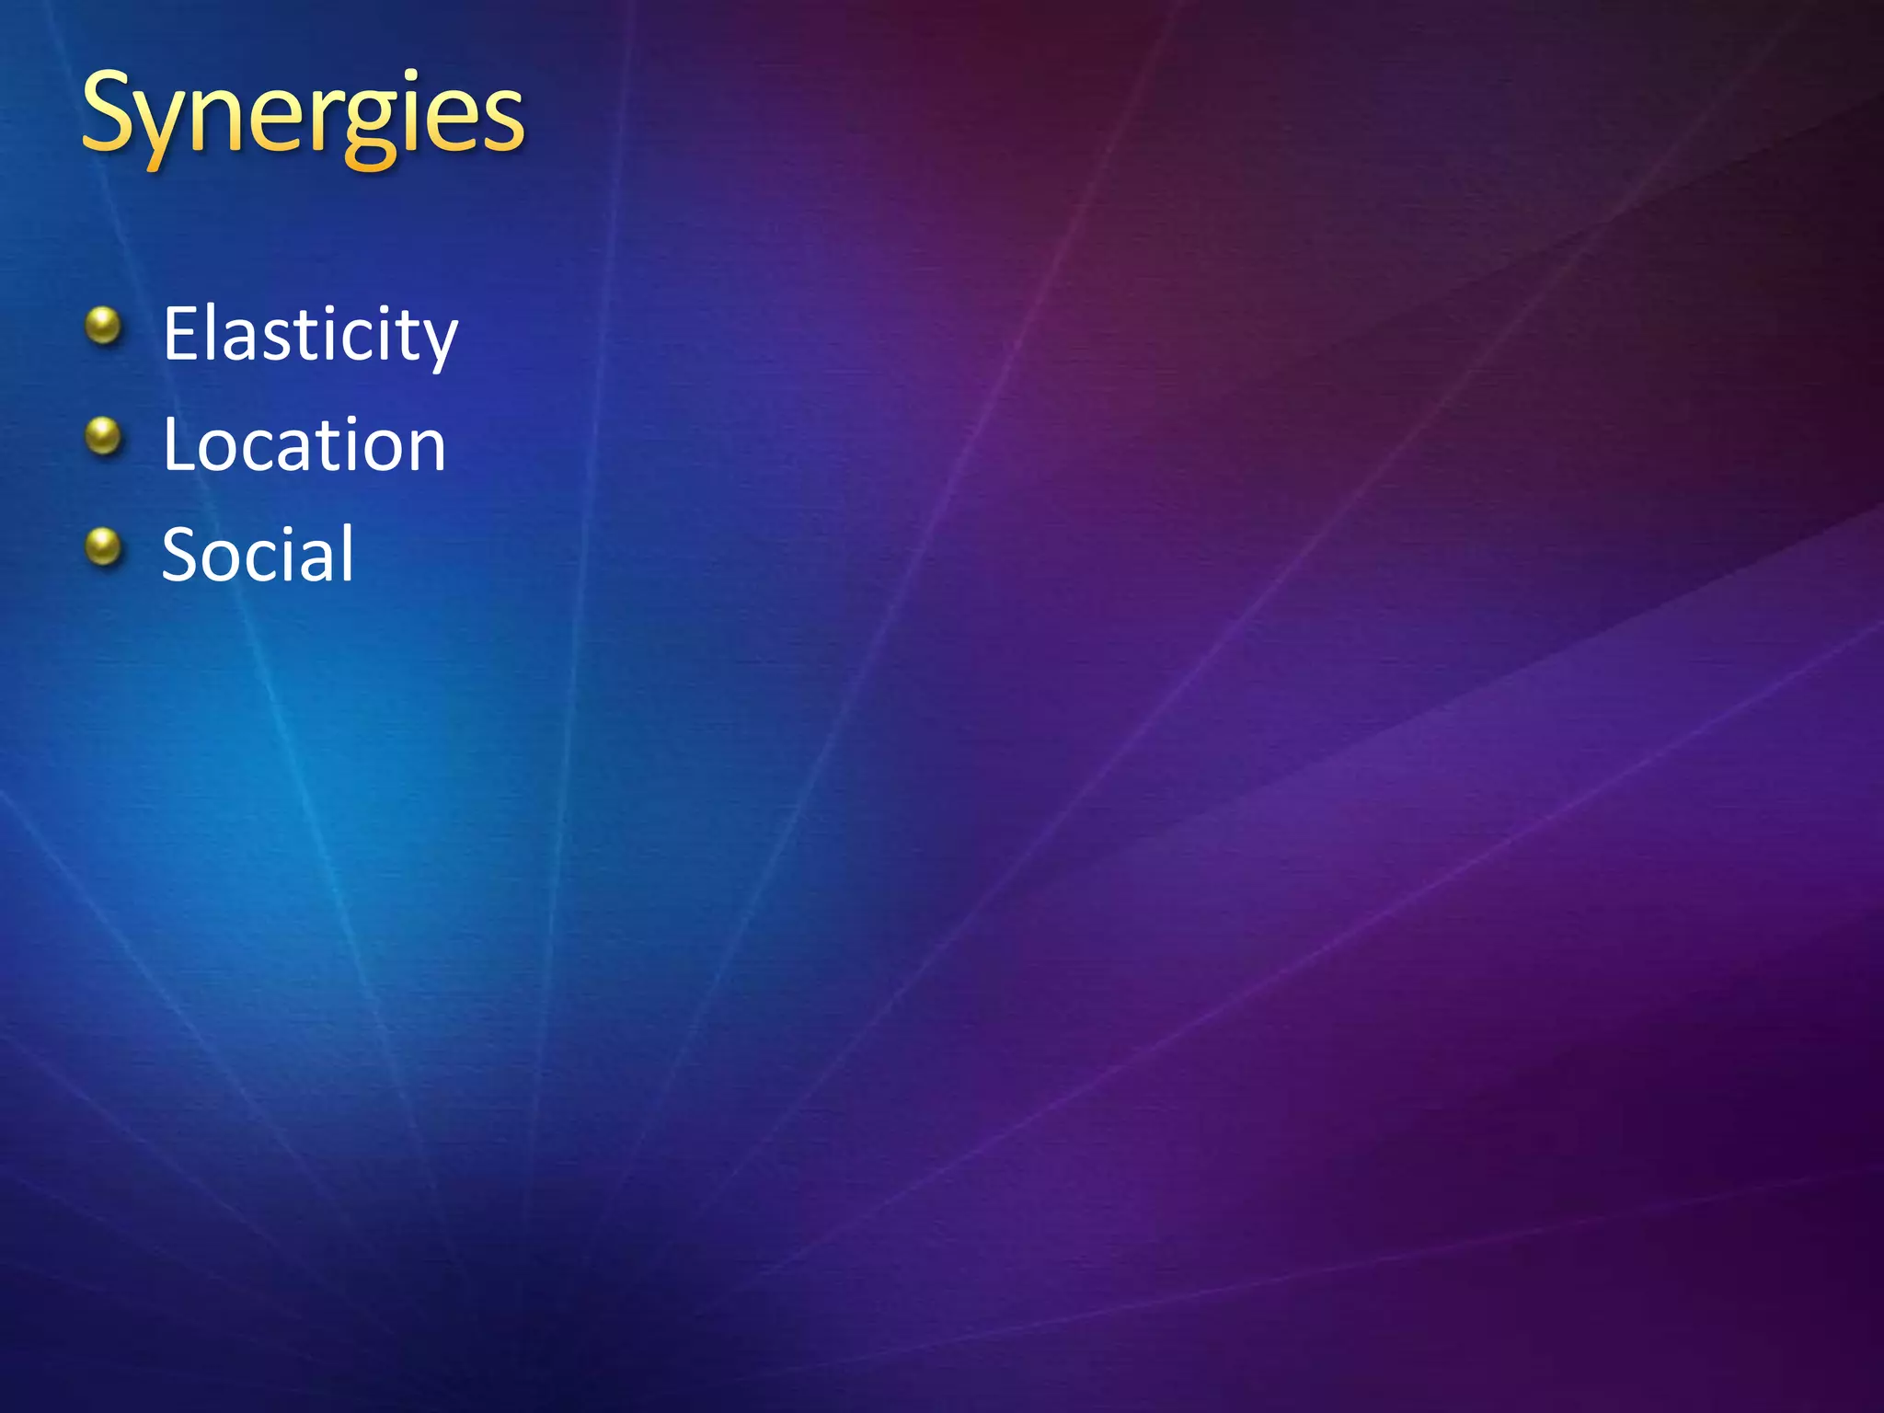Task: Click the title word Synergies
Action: click(x=303, y=117)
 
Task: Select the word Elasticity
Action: click(x=310, y=335)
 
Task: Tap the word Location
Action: click(x=304, y=445)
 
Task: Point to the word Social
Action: click(x=258, y=555)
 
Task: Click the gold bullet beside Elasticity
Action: click(x=103, y=326)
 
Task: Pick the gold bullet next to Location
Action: click(x=103, y=436)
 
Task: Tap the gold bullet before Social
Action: click(x=103, y=546)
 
